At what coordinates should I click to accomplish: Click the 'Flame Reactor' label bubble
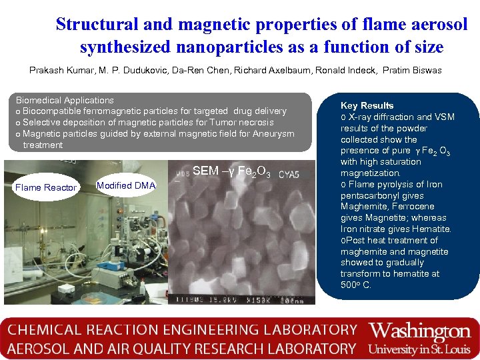pyautogui.click(x=46, y=187)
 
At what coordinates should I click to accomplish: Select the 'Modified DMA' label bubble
pyautogui.click(x=126, y=185)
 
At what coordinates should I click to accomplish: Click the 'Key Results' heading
pyautogui.click(x=367, y=105)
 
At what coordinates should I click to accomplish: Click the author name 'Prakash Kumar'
pyautogui.click(x=58, y=70)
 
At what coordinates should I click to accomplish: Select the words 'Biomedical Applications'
pyautogui.click(x=65, y=100)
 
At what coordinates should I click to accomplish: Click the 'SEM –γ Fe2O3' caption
pyautogui.click(x=231, y=171)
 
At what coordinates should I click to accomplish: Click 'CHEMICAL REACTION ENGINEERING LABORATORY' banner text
pyautogui.click(x=183, y=330)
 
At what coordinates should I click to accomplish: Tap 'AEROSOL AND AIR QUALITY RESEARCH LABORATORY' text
pyautogui.click(x=181, y=349)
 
